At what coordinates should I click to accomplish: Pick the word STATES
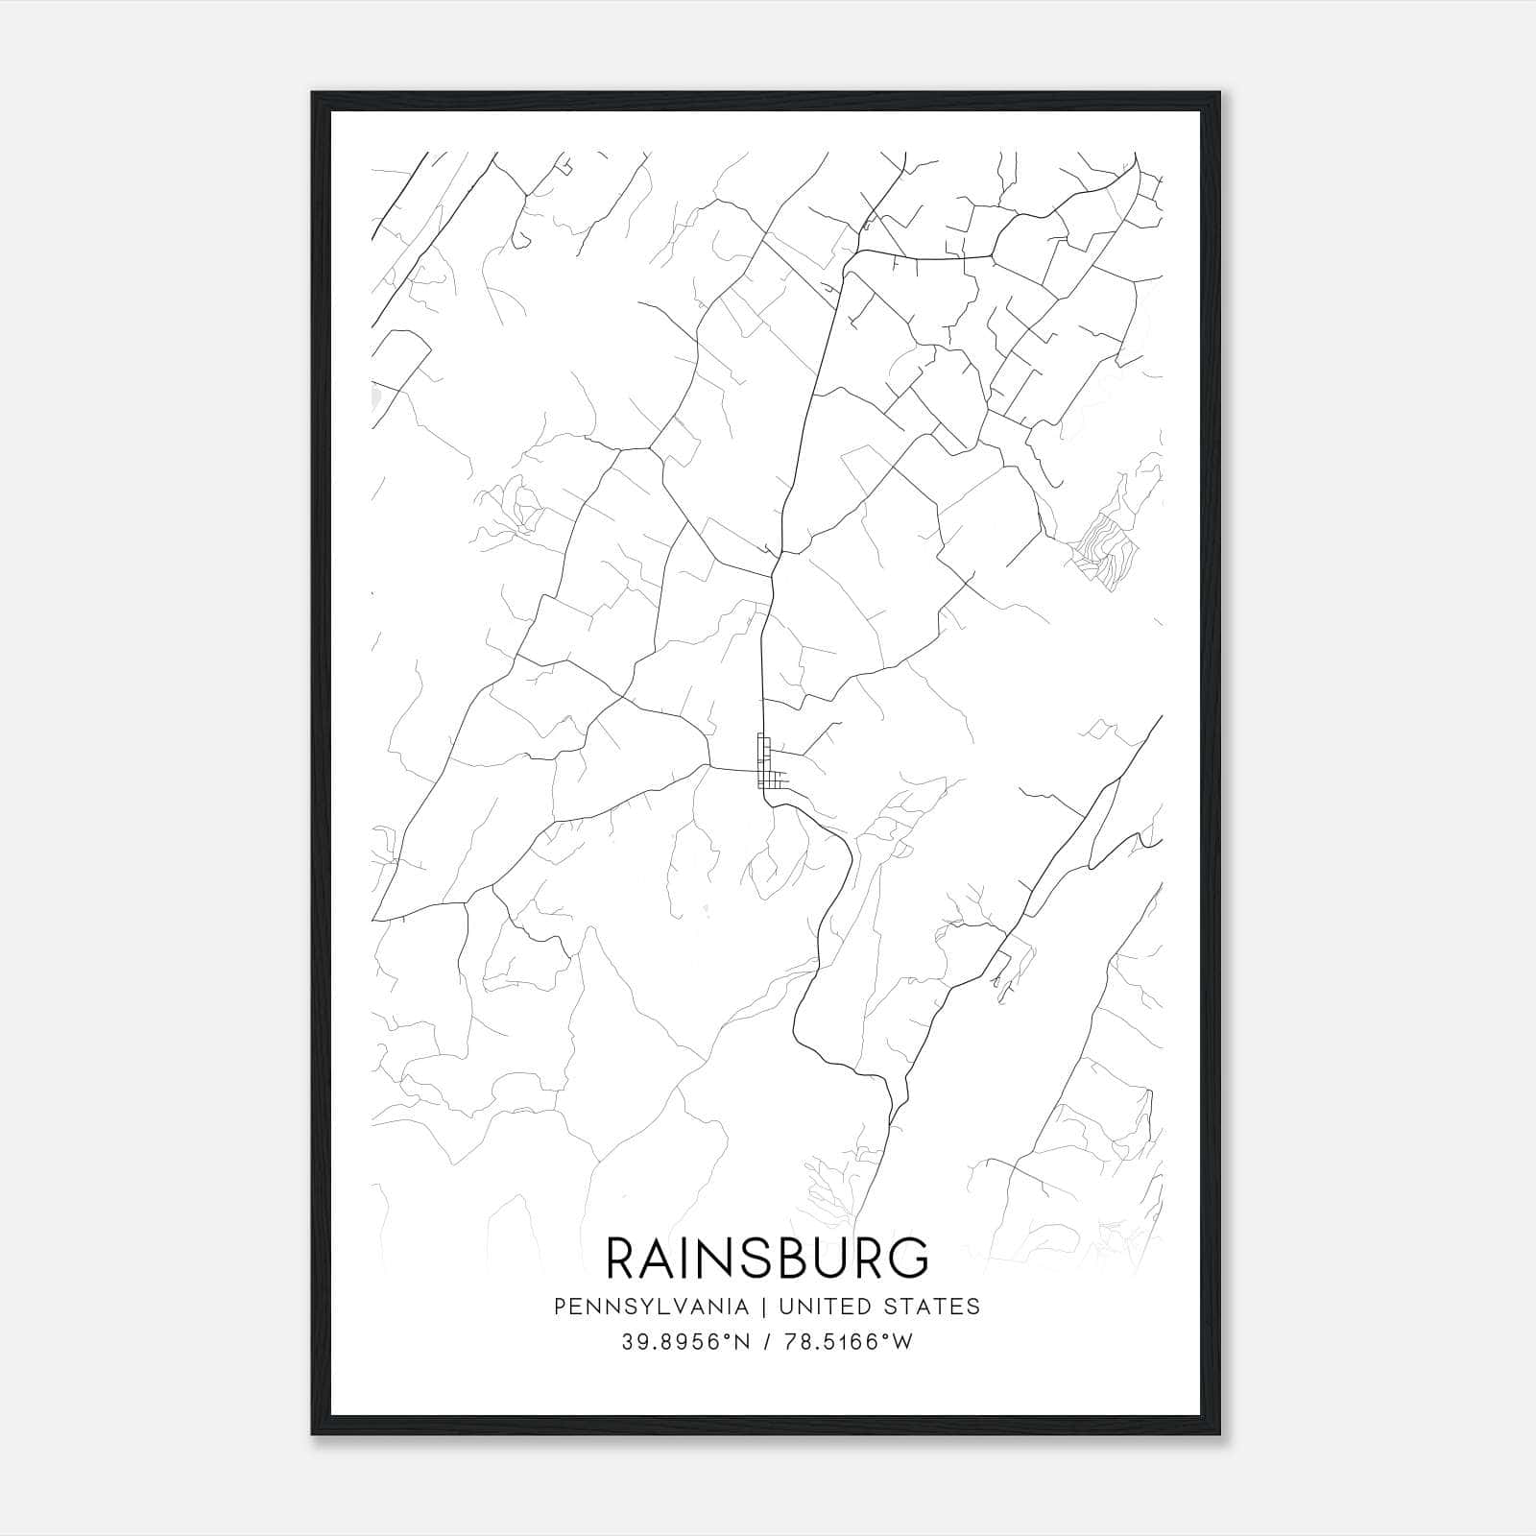tap(933, 1307)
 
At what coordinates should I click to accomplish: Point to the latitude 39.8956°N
tap(684, 1342)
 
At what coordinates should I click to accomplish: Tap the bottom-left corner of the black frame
tap(314, 1433)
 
